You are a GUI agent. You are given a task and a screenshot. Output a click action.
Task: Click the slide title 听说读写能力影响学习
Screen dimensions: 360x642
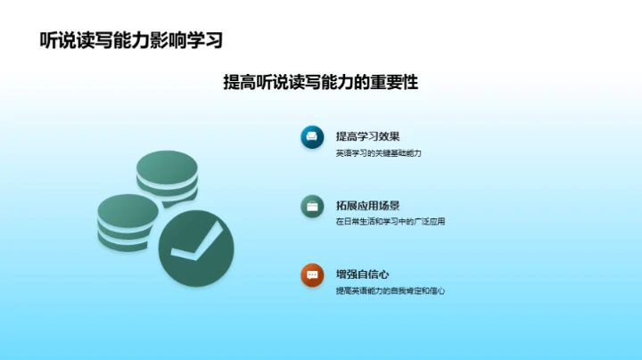131,41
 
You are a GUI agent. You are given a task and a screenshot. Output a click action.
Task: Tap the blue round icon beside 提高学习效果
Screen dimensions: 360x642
311,136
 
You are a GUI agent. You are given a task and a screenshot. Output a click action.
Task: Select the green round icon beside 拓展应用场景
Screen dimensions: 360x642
311,206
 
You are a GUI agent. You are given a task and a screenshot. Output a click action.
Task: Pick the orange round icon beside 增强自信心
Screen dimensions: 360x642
311,275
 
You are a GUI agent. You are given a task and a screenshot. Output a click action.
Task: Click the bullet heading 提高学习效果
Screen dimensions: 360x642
367,136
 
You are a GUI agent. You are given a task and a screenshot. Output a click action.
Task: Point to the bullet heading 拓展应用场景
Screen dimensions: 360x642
367,206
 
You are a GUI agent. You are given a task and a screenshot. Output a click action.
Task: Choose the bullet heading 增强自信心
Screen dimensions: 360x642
362,274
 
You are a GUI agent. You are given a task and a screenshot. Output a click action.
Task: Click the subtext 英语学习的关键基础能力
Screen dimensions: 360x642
378,153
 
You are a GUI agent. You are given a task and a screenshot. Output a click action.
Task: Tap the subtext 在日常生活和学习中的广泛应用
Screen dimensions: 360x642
390,222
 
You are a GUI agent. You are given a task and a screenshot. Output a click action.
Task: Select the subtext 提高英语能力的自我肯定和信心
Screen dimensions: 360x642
390,291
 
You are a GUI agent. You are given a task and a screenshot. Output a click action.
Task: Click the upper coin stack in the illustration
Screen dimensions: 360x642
167,176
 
